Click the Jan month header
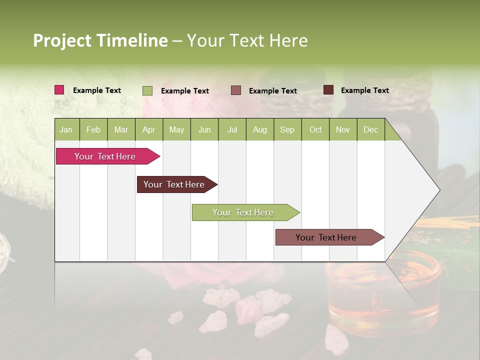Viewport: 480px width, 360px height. coord(66,129)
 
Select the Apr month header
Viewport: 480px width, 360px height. coord(148,129)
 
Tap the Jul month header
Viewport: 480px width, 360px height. coord(232,129)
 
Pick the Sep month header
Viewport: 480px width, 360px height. coord(287,129)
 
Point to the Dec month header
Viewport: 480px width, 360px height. coord(370,129)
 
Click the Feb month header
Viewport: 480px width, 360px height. coord(93,129)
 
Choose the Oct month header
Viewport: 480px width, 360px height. coord(315,129)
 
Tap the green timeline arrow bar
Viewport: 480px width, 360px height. coord(243,212)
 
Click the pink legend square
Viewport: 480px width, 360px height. coord(59,90)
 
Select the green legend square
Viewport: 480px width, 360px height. coord(147,90)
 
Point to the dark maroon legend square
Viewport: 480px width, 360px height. coord(328,90)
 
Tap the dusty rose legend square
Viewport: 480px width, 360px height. coord(236,90)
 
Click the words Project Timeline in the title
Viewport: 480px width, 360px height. coord(100,40)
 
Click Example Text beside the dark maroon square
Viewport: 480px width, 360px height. coord(364,90)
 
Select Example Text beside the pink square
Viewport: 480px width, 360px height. coord(97,90)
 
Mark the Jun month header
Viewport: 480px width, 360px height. coord(204,129)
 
